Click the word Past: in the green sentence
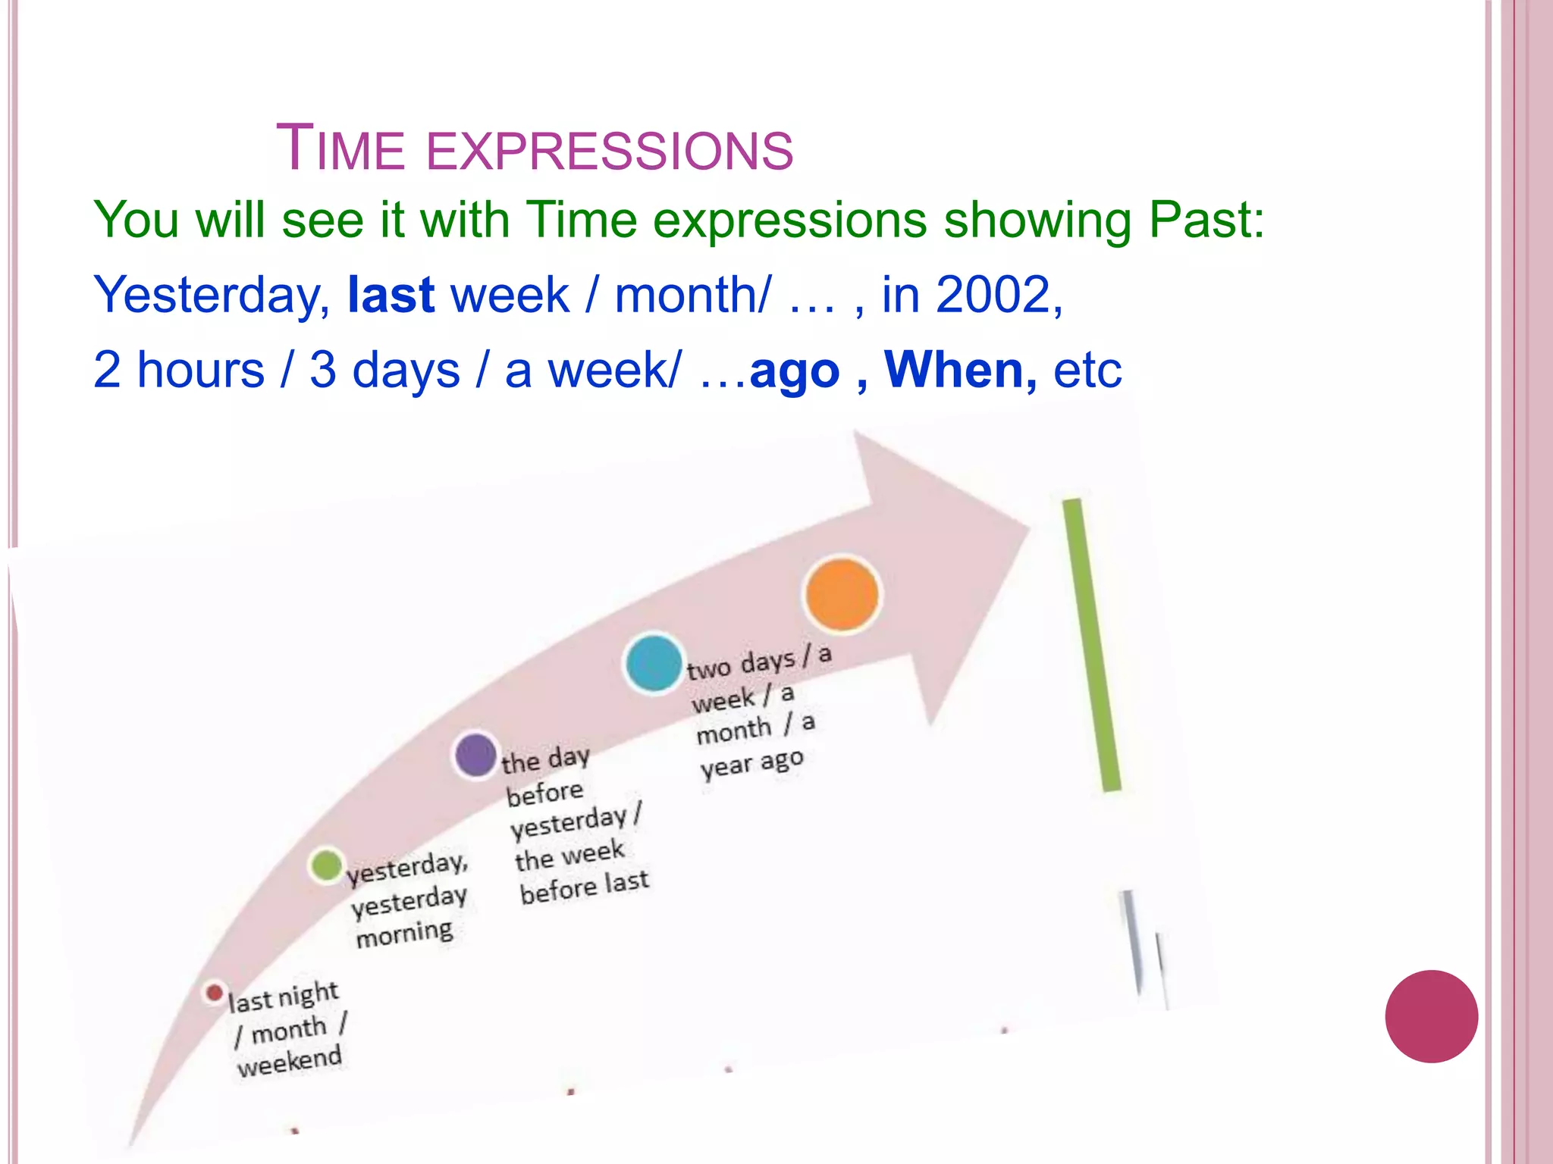coord(1206,221)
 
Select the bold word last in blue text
coord(391,295)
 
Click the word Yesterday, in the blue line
coord(212,296)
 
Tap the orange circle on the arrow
coord(842,595)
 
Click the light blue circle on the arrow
coord(653,663)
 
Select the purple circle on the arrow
coord(475,754)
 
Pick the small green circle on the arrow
coord(327,865)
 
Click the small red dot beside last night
coord(215,992)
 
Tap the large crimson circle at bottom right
coord(1431,1016)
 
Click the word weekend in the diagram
coord(289,1061)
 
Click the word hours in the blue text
coord(200,371)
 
